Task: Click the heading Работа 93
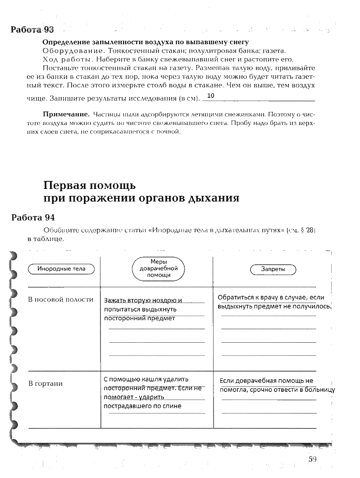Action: pyautogui.click(x=32, y=30)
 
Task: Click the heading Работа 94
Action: pyautogui.click(x=32, y=217)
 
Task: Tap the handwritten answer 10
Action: pyautogui.click(x=211, y=96)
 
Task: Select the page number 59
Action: pyautogui.click(x=313, y=459)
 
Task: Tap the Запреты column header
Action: pyautogui.click(x=273, y=269)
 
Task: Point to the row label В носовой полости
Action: pyautogui.click(x=61, y=299)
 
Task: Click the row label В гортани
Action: pyautogui.click(x=46, y=384)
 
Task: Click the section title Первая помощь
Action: pyautogui.click(x=90, y=185)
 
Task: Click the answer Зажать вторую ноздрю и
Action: pyautogui.click(x=143, y=301)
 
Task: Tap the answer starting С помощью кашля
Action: pyautogui.click(x=146, y=379)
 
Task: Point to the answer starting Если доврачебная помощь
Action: pyautogui.click(x=267, y=381)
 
